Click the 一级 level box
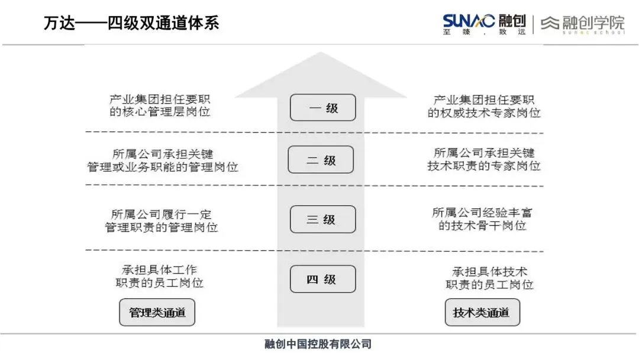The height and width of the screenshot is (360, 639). (322, 108)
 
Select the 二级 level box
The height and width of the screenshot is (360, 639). (321, 160)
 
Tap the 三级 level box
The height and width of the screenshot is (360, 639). (322, 219)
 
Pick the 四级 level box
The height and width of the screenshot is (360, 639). (322, 279)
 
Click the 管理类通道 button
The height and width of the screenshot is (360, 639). (157, 312)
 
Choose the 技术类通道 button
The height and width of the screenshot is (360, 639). (482, 312)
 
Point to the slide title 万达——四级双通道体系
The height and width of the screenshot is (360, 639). (131, 23)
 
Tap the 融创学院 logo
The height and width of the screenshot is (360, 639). (583, 24)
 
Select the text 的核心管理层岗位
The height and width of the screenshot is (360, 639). (160, 112)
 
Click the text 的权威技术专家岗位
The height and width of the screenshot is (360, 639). (484, 112)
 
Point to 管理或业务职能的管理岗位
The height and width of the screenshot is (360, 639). (162, 167)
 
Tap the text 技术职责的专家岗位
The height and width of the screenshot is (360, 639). (484, 166)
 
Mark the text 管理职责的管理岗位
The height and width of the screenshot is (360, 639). (161, 227)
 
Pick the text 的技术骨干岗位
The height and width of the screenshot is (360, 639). (482, 226)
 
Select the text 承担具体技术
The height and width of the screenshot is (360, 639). (489, 272)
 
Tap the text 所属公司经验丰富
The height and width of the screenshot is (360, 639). (482, 213)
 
